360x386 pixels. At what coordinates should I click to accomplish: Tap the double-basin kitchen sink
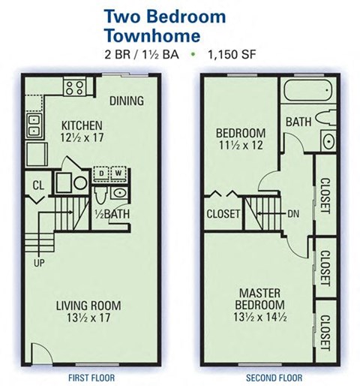click(33, 126)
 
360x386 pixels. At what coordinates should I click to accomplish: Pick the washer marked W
click(117, 173)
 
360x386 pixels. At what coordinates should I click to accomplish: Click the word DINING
click(127, 101)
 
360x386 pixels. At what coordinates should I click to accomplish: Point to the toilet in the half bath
click(100, 194)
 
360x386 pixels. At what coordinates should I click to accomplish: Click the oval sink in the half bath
click(120, 193)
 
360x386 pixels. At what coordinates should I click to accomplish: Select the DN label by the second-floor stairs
click(294, 213)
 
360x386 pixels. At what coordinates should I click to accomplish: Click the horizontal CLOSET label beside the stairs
click(223, 214)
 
